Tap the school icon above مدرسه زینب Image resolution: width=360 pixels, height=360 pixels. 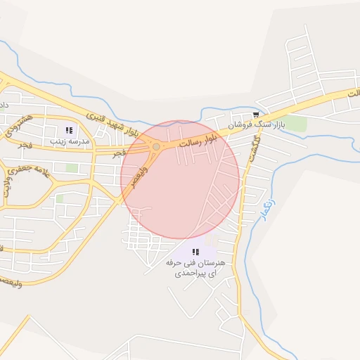69,130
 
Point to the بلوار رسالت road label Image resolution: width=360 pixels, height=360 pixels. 195,138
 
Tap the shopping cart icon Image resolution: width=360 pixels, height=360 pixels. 256,115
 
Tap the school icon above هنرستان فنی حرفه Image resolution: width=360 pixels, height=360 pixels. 195,251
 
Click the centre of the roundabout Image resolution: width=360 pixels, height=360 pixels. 155,147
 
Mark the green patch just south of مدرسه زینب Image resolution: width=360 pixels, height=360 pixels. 72,168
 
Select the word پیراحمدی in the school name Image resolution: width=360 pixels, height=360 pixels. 192,271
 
